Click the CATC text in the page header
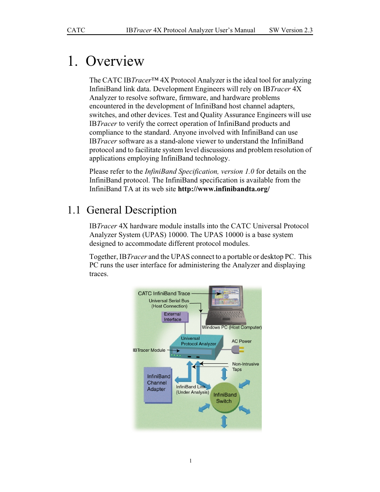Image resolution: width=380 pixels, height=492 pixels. pos(76,30)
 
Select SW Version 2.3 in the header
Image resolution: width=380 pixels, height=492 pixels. pos(290,30)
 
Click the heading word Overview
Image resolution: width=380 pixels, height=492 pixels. pos(115,61)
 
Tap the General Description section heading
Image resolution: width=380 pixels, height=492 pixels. pos(131,210)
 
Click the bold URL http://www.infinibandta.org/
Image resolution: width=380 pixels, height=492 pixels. pos(223,189)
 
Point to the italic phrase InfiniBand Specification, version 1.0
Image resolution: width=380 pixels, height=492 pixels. pos(199,172)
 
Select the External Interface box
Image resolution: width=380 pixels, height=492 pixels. pos(174,317)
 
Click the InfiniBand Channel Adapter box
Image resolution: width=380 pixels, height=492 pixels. pos(158,384)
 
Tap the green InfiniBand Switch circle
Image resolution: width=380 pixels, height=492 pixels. pos(225,398)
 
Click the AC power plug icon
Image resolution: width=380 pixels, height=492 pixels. pos(238,350)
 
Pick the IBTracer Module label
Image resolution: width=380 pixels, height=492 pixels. pos(149,351)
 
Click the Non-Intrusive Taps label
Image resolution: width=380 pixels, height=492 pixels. pos(245,367)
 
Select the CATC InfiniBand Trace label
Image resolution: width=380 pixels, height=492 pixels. pos(164,294)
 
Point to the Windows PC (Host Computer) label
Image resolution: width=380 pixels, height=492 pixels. pos(231,327)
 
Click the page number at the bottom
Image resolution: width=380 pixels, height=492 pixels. pos(190,461)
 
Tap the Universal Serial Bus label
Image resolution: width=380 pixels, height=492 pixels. pos(169,301)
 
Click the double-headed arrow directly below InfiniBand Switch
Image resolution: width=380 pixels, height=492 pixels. pos(224,421)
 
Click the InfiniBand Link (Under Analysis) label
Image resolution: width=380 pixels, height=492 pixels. pos(192,390)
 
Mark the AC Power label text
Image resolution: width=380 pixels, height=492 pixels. pos(241,341)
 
